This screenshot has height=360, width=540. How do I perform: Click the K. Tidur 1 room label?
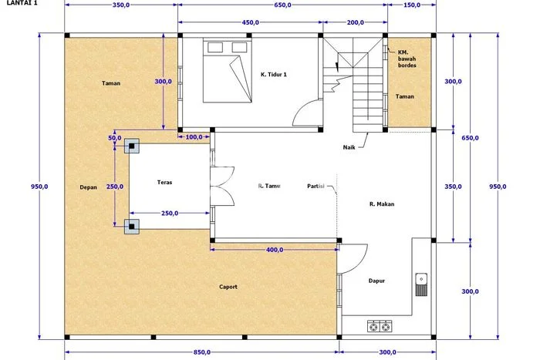[273, 74]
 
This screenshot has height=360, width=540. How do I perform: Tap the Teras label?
[164, 183]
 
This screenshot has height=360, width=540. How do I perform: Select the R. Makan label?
[382, 204]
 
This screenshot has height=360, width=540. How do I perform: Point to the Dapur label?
[376, 281]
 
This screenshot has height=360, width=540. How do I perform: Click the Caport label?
[228, 287]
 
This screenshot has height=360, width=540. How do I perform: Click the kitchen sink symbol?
[421, 284]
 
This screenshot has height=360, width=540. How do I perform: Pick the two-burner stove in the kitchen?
[380, 326]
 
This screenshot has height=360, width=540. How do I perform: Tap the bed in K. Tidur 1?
[228, 72]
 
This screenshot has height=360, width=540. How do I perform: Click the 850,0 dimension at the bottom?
[202, 352]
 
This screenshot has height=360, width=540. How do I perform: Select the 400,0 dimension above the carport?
[275, 250]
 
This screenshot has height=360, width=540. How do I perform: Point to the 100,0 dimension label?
[194, 137]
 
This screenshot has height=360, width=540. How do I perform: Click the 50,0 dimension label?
[115, 138]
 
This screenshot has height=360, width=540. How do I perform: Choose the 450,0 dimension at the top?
[251, 22]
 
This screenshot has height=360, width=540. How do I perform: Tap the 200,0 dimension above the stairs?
[356, 22]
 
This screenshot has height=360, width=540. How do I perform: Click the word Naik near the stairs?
[349, 147]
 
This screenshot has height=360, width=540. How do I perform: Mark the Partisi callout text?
[316, 187]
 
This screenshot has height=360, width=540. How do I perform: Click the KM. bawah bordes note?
[407, 59]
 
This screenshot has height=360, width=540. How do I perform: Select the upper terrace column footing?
[132, 146]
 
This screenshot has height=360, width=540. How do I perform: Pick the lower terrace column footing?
[132, 227]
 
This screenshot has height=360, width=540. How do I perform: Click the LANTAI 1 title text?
[22, 3]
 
